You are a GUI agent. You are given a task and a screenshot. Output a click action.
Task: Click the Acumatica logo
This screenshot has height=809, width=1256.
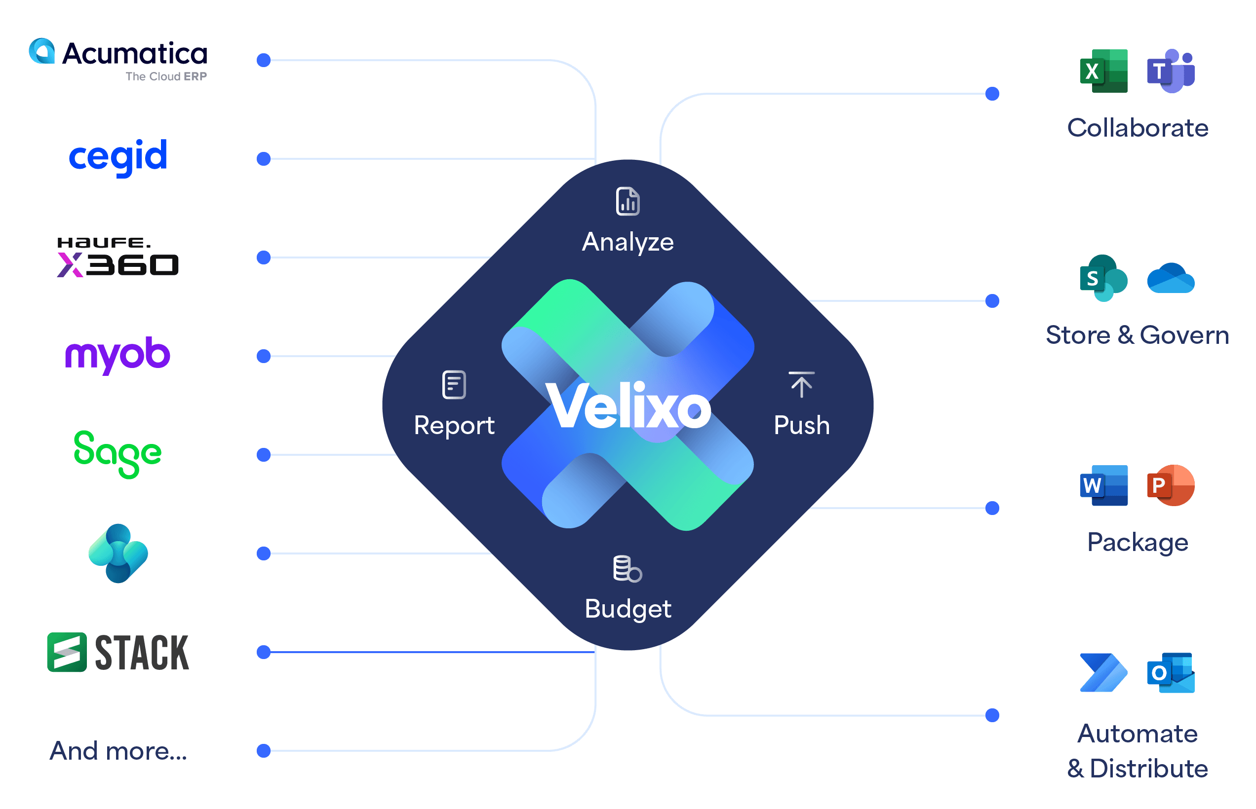118,59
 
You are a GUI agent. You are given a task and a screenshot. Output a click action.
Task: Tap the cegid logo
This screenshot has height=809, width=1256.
118,156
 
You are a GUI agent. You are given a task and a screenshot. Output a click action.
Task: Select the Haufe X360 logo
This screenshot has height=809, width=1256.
118,257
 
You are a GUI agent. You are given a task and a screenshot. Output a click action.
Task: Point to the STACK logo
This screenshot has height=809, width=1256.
118,652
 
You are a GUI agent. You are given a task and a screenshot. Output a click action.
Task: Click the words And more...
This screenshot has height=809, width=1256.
118,751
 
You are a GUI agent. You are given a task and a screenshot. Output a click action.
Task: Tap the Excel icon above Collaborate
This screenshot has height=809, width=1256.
1103,71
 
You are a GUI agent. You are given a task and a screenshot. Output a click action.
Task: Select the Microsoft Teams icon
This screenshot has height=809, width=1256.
1171,71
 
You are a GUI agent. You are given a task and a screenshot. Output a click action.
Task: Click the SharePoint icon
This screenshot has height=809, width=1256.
1103,278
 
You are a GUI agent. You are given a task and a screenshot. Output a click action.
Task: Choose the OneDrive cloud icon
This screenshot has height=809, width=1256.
1171,278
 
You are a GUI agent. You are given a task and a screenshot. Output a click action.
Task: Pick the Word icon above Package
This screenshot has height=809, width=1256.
1103,485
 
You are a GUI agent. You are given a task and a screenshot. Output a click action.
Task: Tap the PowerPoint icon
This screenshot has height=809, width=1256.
1171,485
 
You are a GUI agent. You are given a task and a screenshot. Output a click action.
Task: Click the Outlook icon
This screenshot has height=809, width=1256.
1171,673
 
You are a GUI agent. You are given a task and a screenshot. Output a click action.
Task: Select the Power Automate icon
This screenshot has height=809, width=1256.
1103,673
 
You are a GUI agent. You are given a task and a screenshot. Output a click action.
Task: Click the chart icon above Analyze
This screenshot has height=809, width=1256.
628,201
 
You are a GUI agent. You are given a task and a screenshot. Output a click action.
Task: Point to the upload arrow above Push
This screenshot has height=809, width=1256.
802,385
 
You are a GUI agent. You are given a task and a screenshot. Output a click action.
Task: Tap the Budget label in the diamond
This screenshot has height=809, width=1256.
628,609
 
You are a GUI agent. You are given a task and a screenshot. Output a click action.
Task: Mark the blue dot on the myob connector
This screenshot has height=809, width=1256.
264,356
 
